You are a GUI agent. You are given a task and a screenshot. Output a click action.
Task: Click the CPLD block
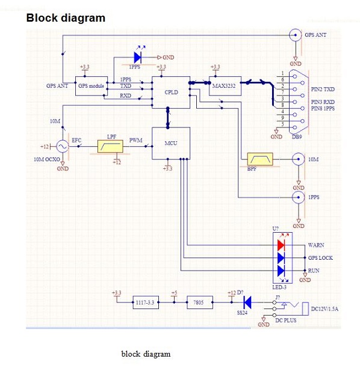pyautogui.click(x=171, y=93)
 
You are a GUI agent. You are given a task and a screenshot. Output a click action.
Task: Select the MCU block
pyautogui.click(x=171, y=143)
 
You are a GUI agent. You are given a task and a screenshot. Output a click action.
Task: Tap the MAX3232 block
pyautogui.click(x=225, y=86)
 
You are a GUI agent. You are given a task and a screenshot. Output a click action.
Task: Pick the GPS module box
pyautogui.click(x=92, y=86)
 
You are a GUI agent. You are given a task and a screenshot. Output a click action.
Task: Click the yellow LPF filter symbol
pyautogui.click(x=110, y=147)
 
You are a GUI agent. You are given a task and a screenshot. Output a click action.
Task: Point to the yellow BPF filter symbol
pyautogui.click(x=260, y=159)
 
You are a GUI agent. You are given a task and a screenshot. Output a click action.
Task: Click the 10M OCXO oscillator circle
pyautogui.click(x=63, y=147)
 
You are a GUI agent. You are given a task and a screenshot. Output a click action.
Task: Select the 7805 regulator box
pyautogui.click(x=200, y=302)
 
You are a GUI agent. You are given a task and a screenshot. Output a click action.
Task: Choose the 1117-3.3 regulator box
pyautogui.click(x=146, y=302)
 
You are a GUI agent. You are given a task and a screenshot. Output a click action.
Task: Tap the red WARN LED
pyautogui.click(x=281, y=245)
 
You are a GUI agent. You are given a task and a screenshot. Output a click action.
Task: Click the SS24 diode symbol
pyautogui.click(x=247, y=302)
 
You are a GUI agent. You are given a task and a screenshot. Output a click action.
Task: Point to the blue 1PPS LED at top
pyautogui.click(x=137, y=57)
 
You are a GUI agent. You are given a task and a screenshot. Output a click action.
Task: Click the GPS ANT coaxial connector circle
pyautogui.click(x=296, y=35)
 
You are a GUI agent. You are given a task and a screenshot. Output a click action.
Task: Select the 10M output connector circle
pyautogui.click(x=299, y=159)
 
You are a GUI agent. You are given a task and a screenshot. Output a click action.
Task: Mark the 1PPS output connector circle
pyautogui.click(x=299, y=197)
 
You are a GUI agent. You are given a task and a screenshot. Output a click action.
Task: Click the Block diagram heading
pyautogui.click(x=66, y=18)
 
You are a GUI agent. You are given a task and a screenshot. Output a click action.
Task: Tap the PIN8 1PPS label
pyautogui.click(x=323, y=108)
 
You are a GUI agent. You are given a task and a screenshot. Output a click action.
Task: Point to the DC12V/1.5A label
pyautogui.click(x=324, y=309)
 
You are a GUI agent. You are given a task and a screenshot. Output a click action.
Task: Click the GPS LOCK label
pyautogui.click(x=320, y=258)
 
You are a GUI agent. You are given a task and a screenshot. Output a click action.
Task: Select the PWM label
pyautogui.click(x=136, y=140)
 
